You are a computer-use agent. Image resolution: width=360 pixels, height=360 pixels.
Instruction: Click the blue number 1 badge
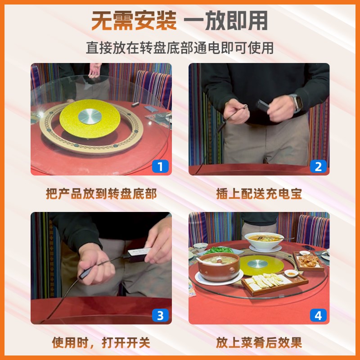[160, 166]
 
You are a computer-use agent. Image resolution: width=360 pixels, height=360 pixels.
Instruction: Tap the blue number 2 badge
[318, 166]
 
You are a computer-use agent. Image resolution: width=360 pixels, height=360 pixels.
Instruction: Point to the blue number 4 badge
[318, 315]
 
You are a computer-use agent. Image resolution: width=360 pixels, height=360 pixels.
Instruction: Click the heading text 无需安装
[134, 21]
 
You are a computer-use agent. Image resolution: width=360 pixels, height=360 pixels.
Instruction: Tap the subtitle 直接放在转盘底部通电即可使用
[180, 47]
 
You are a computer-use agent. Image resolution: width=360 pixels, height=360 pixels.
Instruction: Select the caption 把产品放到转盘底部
[101, 193]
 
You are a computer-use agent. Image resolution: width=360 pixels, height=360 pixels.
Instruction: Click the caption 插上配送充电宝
[259, 193]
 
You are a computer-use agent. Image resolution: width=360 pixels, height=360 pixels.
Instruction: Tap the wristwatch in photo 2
[296, 102]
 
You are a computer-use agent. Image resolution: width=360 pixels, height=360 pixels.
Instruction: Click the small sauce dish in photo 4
[291, 273]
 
